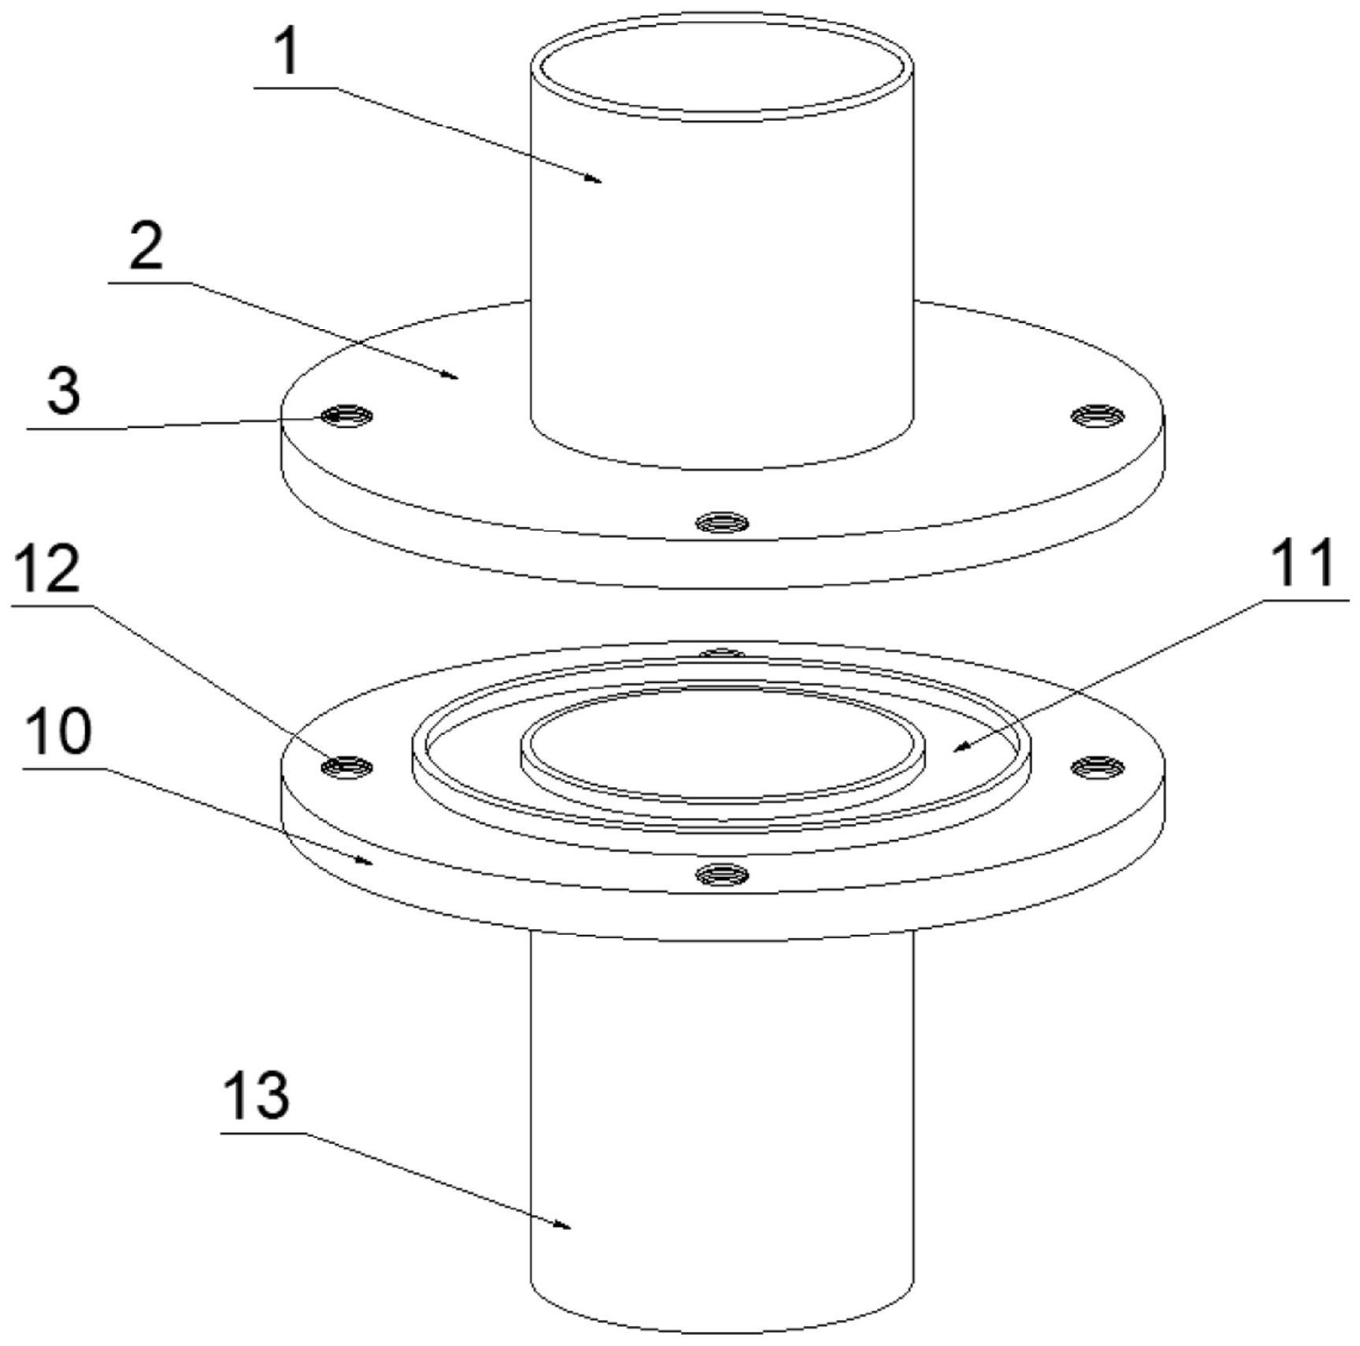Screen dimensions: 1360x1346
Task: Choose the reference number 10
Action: point(58,732)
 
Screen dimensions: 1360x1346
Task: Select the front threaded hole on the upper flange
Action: point(721,522)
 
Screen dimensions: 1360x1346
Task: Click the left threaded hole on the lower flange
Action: point(347,765)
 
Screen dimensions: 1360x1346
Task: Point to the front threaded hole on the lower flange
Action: point(721,873)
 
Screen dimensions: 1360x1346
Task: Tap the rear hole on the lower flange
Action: point(721,654)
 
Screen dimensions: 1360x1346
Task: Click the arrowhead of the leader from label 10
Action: point(371,863)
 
